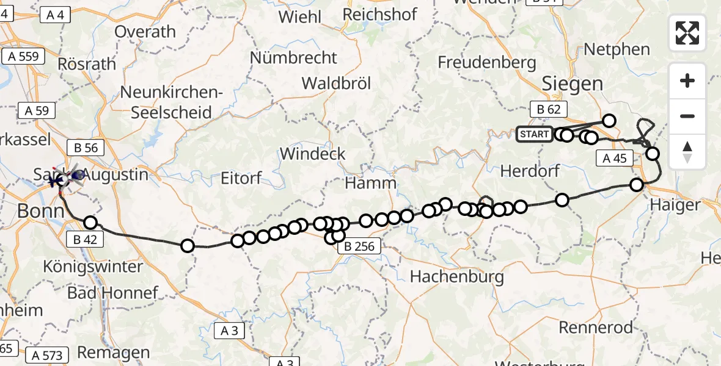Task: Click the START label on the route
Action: point(534,134)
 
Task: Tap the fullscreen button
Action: point(687,33)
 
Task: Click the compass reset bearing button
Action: point(687,151)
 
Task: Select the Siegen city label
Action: point(572,84)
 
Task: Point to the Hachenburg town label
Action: point(457,277)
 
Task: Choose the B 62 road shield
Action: point(549,110)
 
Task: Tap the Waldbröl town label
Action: point(336,84)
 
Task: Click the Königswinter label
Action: point(93,267)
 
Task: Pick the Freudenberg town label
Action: point(487,62)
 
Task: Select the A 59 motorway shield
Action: point(37,111)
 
